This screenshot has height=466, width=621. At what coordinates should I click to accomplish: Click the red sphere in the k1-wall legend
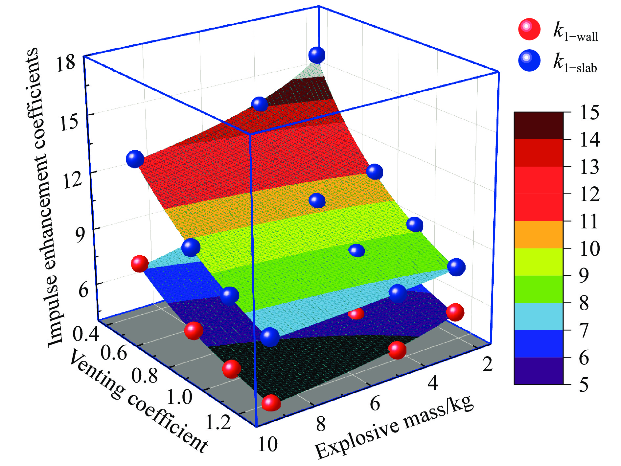[x=529, y=29]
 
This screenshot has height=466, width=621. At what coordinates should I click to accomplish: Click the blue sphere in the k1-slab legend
[x=529, y=60]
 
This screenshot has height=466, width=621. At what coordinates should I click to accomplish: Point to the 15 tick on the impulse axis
[x=69, y=122]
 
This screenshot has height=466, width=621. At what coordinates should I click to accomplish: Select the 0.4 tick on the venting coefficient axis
[x=86, y=334]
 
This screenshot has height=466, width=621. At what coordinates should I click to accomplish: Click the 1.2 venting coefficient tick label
[x=218, y=422]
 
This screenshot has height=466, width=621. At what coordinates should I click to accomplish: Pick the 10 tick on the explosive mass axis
[x=267, y=444]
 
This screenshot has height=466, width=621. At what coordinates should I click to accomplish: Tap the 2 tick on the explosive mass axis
[x=487, y=364]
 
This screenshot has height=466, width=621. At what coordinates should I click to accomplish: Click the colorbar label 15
[x=589, y=113]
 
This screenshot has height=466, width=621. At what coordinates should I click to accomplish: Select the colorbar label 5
[x=584, y=384]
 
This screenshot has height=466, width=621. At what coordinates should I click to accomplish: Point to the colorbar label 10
[x=589, y=248]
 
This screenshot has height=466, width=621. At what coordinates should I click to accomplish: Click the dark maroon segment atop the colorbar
[x=539, y=126]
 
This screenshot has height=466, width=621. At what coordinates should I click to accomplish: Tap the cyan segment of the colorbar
[x=539, y=316]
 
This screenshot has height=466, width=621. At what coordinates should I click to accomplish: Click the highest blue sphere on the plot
[x=317, y=55]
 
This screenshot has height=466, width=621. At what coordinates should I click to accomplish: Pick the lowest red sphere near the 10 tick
[x=271, y=403]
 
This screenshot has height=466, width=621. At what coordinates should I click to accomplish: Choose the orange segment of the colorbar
[x=539, y=235]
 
